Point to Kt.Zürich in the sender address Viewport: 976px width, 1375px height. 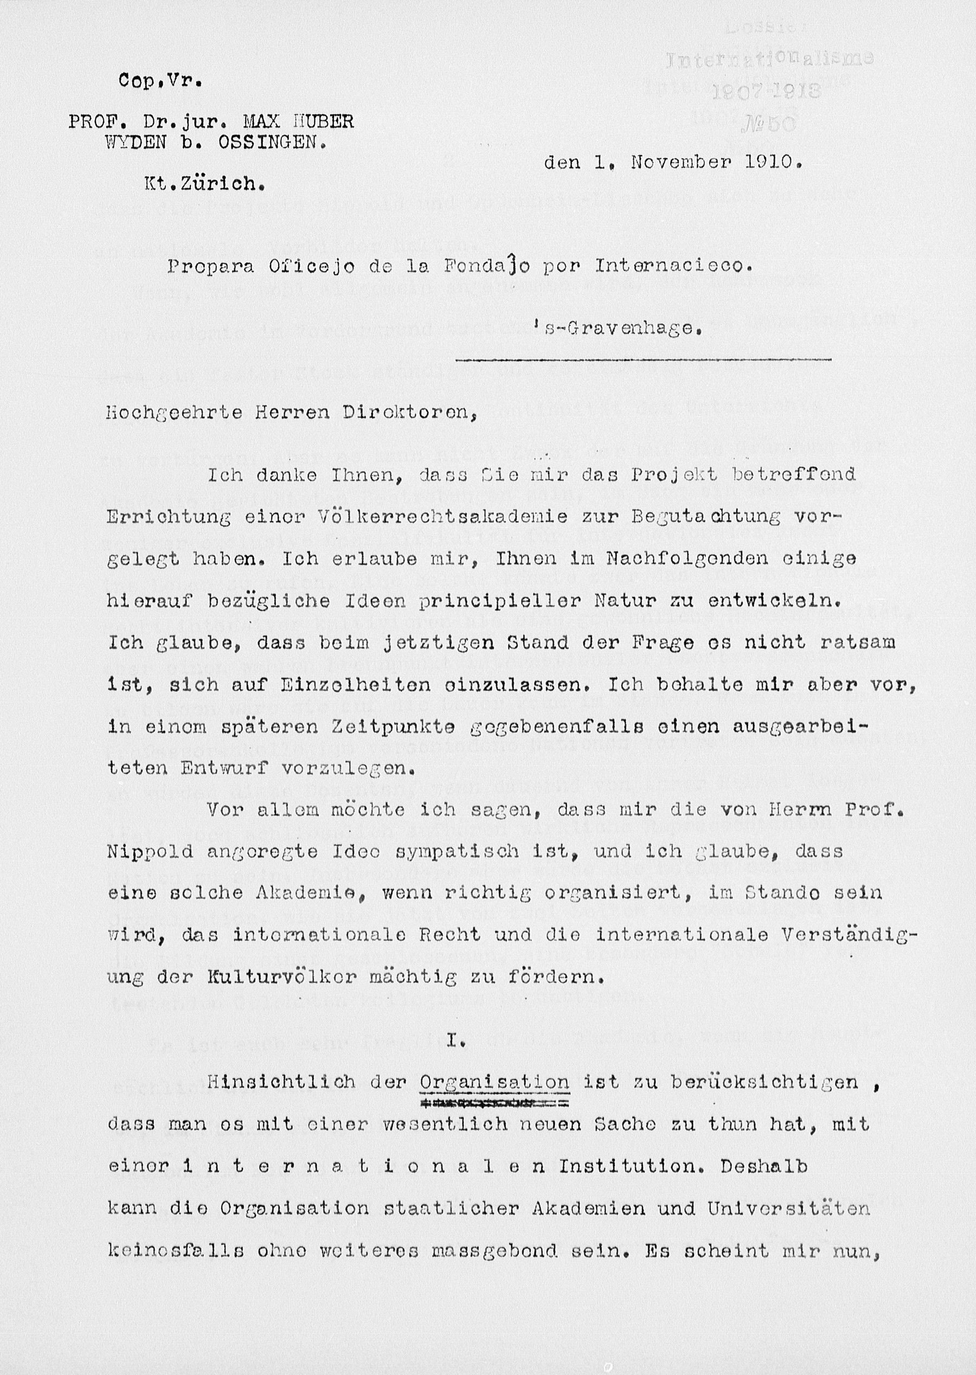(204, 184)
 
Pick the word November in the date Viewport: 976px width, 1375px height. (681, 162)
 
